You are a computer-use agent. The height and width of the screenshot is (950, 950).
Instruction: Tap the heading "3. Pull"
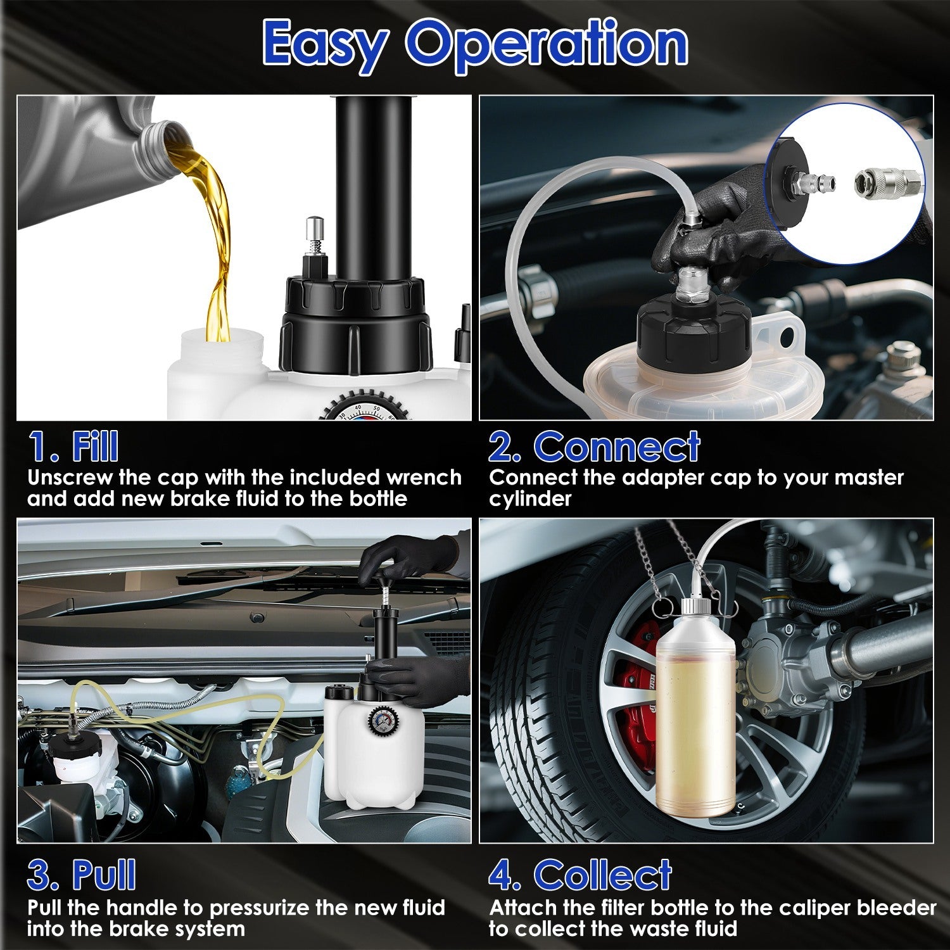81,875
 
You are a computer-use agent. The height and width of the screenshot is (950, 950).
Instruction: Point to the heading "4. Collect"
580,875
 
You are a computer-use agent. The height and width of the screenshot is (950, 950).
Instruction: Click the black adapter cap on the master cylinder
693,329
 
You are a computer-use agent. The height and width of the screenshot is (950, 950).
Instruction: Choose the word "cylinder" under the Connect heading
529,499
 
